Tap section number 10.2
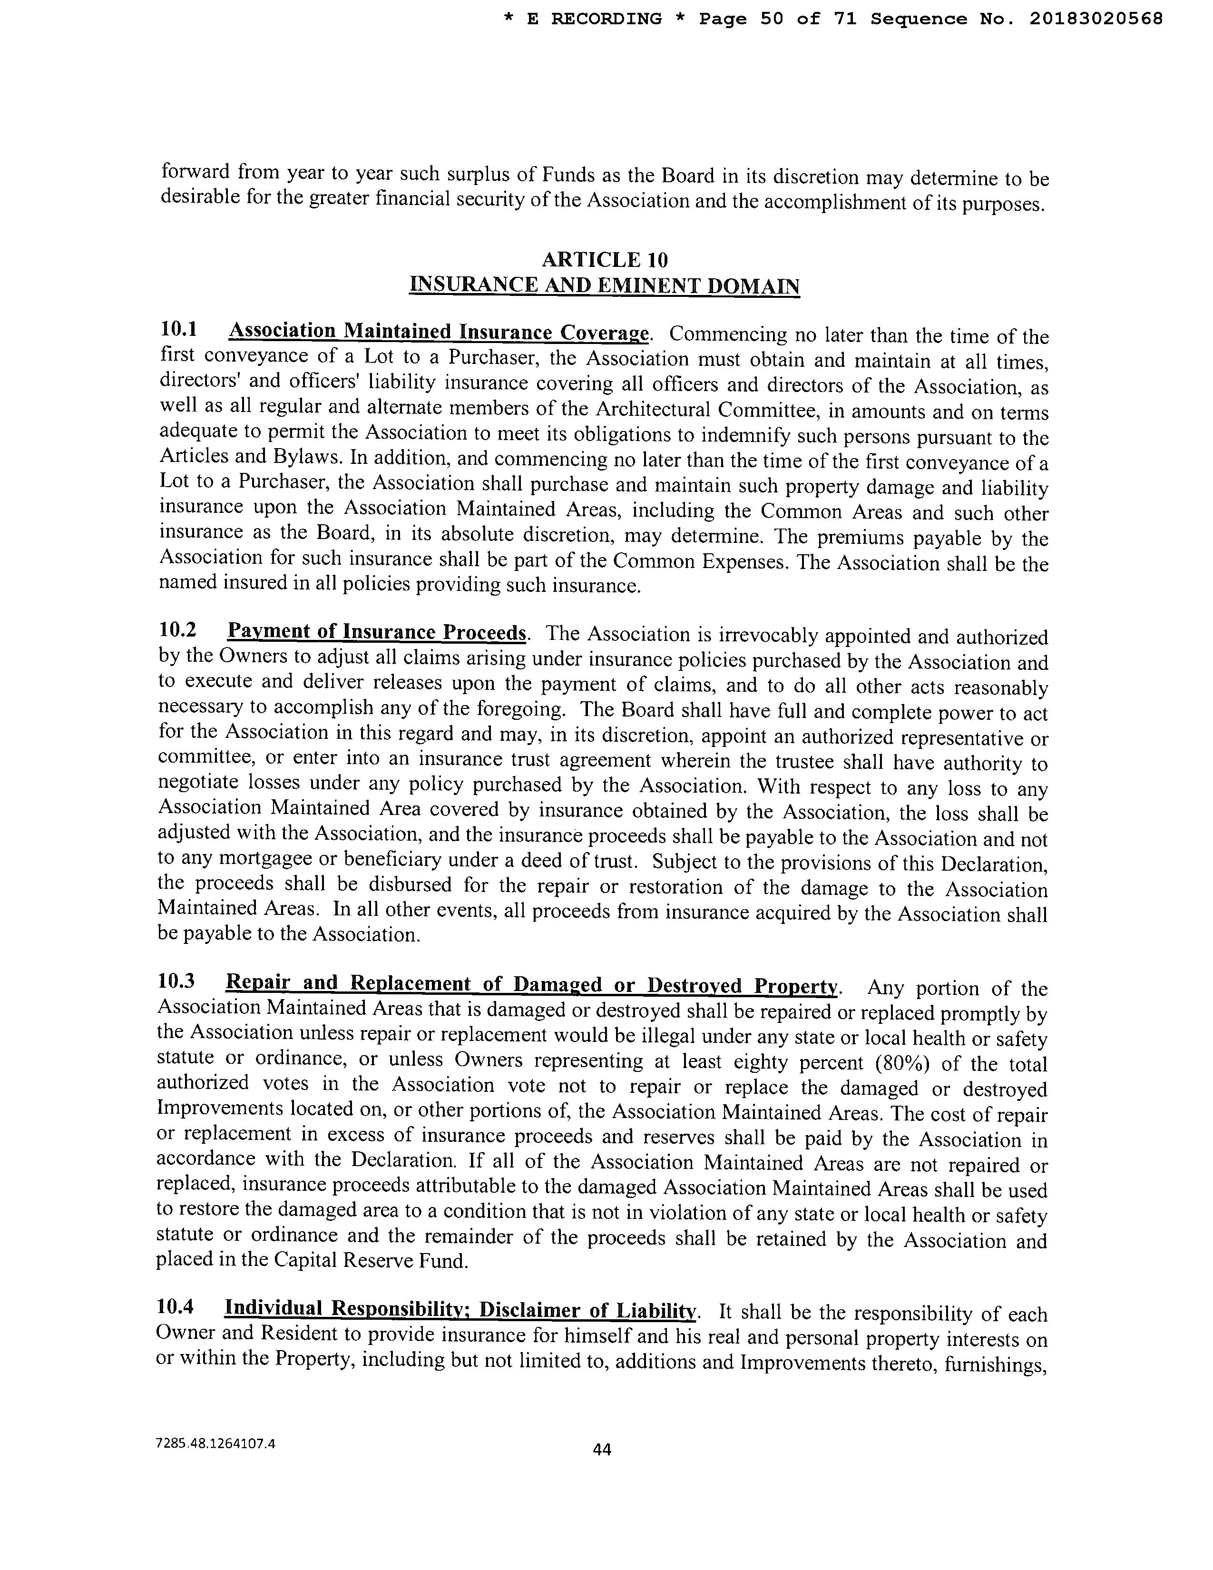(177, 630)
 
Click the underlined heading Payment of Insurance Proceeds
(377, 632)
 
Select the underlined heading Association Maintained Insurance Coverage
(439, 332)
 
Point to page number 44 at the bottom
(601, 1450)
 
